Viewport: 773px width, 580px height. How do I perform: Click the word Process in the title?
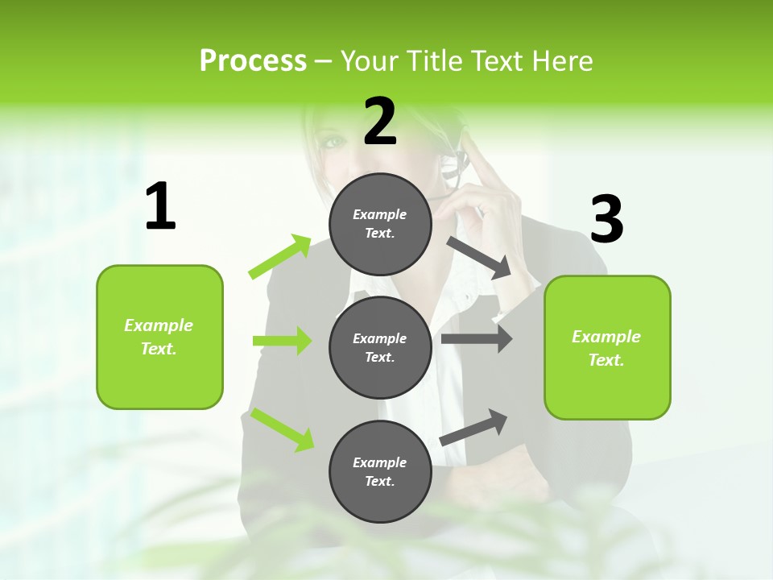tap(253, 61)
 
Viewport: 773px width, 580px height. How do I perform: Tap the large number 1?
tap(160, 208)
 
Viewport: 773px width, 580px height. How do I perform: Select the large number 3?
tap(606, 220)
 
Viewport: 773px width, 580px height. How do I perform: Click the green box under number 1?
tap(159, 337)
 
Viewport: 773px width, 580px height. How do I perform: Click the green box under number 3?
tap(607, 347)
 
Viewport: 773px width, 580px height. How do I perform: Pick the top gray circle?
tap(380, 224)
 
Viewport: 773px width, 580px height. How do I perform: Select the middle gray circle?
tap(380, 347)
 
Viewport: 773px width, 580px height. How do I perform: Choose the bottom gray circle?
tap(380, 471)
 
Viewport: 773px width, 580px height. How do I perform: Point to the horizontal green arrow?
tap(282, 341)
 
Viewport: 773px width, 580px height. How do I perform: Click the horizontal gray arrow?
tap(477, 339)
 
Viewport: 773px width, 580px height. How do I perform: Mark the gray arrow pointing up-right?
tap(474, 428)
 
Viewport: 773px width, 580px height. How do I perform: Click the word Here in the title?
tap(564, 61)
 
